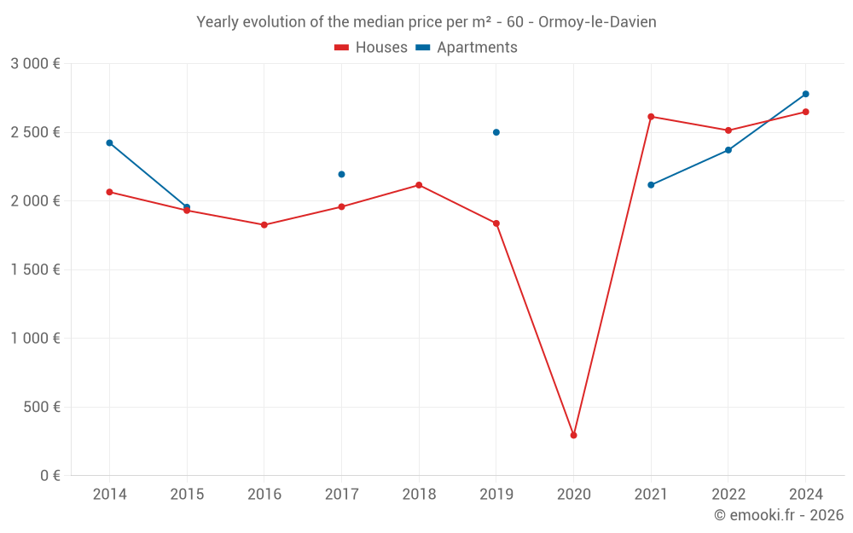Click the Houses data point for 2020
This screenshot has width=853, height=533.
573,435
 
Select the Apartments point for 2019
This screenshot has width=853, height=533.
496,132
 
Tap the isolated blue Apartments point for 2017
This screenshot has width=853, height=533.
341,174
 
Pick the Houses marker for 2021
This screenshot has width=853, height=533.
651,117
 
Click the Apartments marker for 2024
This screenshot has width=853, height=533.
805,94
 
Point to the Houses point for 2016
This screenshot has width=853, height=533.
264,225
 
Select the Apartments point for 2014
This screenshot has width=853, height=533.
109,142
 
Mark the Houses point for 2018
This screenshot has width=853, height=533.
419,185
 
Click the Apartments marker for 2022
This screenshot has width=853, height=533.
728,150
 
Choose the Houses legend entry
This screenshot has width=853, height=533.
371,48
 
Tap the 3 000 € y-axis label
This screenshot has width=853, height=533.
35,64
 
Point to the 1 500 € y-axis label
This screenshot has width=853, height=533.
35,269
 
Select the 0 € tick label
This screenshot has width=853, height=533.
49,476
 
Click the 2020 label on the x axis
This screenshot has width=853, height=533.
573,495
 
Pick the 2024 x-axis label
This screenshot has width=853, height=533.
805,495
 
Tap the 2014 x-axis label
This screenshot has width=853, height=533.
109,495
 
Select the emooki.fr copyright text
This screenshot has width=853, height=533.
778,515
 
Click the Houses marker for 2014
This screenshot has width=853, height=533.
109,192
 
